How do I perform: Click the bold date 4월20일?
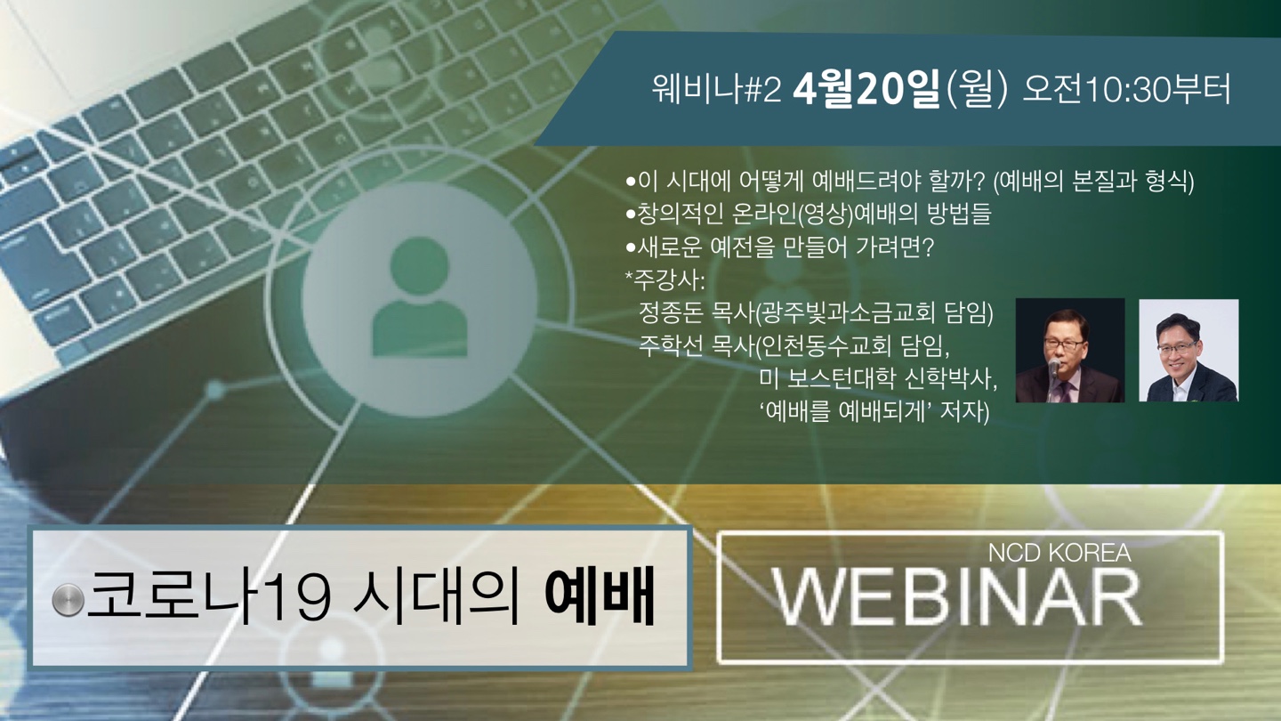866,91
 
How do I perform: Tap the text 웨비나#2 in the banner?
716,91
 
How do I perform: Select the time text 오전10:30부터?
1126,91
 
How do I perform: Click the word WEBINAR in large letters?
956,596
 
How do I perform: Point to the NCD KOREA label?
1059,553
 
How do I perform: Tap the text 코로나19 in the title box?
209,596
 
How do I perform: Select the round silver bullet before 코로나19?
68,600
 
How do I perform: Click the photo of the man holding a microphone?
1070,350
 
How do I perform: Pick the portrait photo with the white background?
1188,350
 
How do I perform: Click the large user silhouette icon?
420,297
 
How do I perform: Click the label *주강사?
665,279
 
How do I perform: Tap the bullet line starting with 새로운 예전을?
780,247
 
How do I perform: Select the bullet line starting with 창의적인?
809,214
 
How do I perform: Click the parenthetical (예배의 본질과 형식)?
1093,182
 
